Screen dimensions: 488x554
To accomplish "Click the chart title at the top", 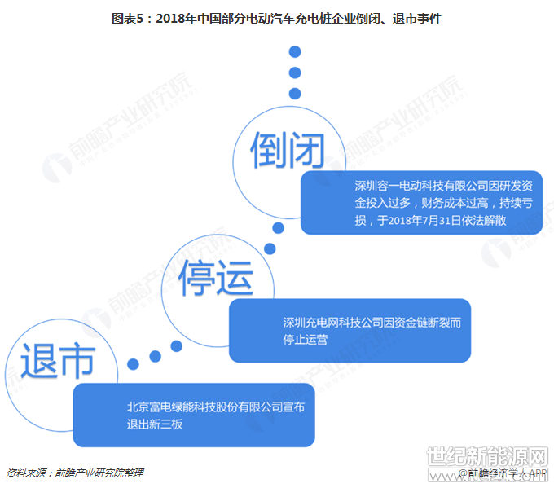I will click(x=277, y=17).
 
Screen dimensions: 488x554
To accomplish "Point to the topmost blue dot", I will click(x=295, y=52).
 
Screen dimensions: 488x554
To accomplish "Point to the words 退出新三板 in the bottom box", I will click(x=156, y=424).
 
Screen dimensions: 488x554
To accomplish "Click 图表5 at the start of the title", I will click(x=126, y=17).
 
